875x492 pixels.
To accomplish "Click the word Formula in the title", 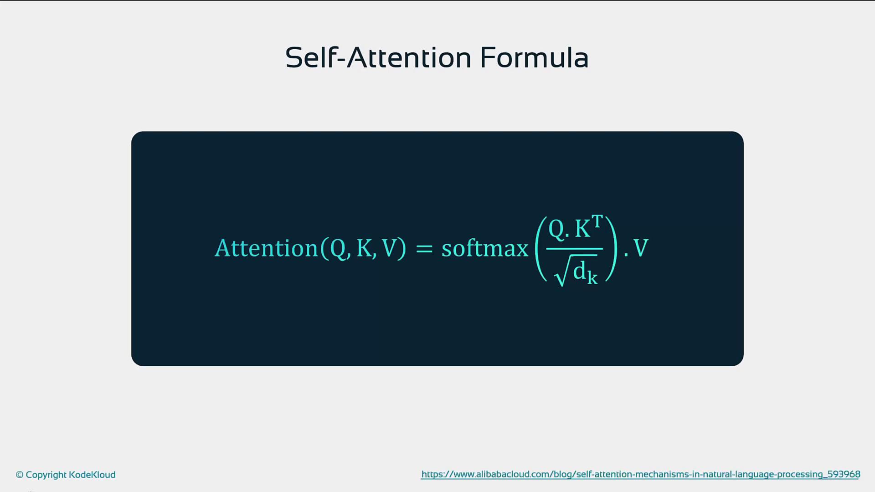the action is (x=534, y=58).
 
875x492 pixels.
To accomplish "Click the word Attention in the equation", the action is (x=266, y=248).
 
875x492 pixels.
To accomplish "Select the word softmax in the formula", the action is (x=485, y=248).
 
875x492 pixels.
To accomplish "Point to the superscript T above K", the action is (x=597, y=222).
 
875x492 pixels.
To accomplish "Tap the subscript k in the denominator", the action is (x=592, y=277).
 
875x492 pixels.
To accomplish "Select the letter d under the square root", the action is (x=579, y=271).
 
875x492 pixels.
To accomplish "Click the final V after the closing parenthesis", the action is (x=641, y=248).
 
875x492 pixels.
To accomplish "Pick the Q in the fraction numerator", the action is (x=556, y=229).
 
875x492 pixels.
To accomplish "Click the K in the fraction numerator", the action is (x=582, y=229).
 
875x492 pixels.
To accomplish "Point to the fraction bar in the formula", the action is (x=574, y=249).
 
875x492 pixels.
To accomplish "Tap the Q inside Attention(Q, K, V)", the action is (x=338, y=249).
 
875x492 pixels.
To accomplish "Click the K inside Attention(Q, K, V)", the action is (x=364, y=248).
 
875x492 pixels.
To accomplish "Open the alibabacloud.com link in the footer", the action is (x=641, y=475).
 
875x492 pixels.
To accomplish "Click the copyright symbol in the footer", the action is (x=20, y=475).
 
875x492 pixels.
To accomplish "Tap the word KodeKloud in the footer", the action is (x=92, y=475).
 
